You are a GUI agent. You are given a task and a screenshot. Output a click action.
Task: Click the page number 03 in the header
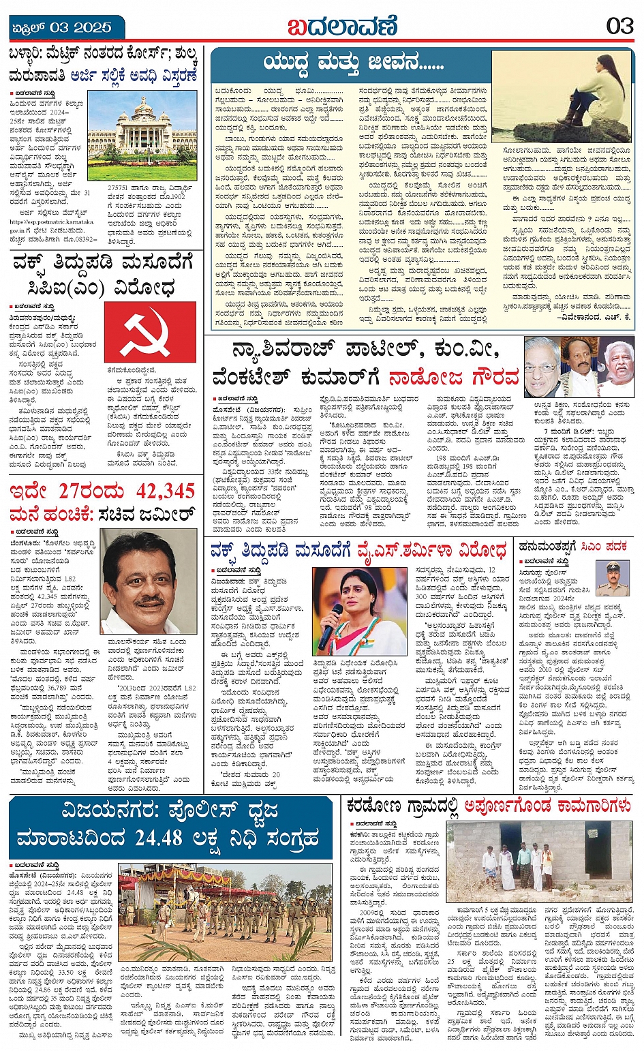pos(619,27)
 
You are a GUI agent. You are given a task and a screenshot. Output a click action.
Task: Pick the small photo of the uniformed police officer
pos(613,579)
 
